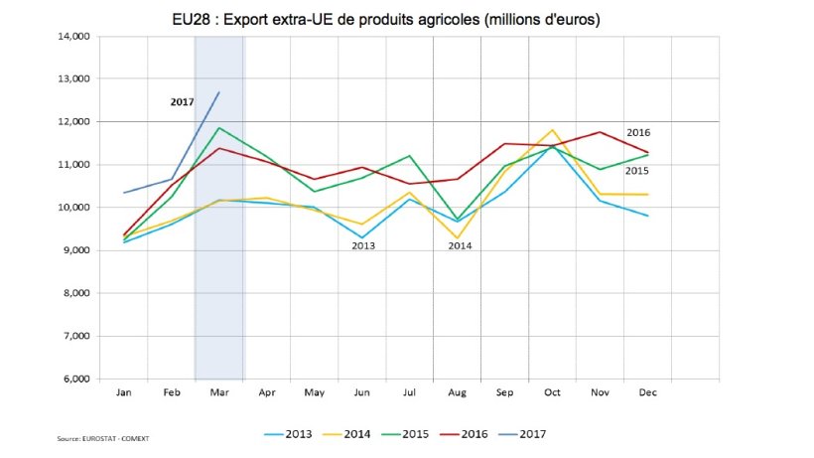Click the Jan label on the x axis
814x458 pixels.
pos(123,393)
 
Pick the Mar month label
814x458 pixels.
pos(219,393)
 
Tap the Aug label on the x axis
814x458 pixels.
pos(457,393)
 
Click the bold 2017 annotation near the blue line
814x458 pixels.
pos(182,101)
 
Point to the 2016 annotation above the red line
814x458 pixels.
pos(638,133)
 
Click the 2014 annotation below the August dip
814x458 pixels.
pos(460,244)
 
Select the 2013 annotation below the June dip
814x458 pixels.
pos(363,244)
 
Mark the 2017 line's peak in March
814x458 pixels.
pos(219,92)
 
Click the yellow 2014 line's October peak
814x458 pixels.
pos(553,130)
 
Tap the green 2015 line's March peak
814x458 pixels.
pos(219,127)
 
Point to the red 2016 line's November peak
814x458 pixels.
pos(601,131)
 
